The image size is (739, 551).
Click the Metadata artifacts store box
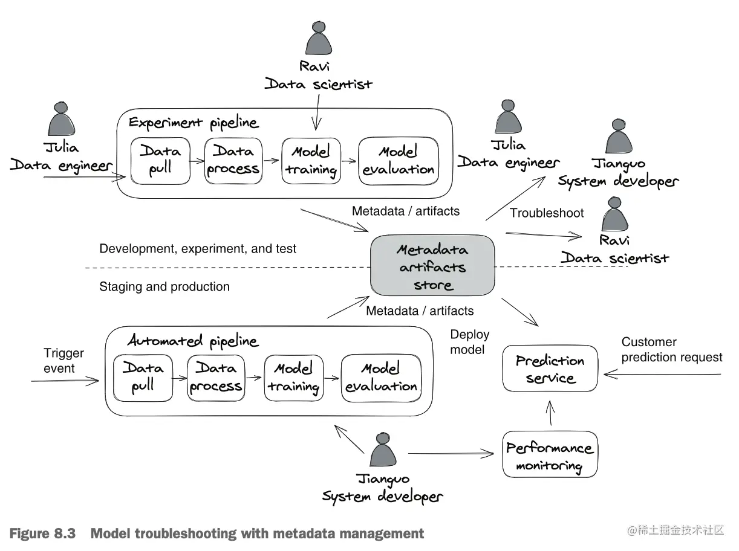click(x=432, y=266)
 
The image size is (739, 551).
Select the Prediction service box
click(x=550, y=369)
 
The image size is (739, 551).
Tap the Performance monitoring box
click(x=550, y=455)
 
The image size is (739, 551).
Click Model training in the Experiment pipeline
click(x=311, y=160)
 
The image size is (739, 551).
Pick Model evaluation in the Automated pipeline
click(x=380, y=377)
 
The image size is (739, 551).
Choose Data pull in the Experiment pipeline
click(x=160, y=160)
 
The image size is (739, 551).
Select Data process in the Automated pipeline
click(x=215, y=377)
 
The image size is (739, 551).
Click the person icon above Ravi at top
click(x=318, y=41)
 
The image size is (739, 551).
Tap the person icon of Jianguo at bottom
click(x=383, y=450)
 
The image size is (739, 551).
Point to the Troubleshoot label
click(x=547, y=213)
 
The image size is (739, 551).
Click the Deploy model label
click(x=469, y=342)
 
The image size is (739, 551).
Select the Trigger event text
click(x=63, y=361)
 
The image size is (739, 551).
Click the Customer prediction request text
click(x=671, y=349)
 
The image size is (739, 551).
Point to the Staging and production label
click(x=164, y=286)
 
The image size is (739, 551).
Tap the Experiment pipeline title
click(x=194, y=123)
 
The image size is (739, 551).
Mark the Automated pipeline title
click(x=193, y=341)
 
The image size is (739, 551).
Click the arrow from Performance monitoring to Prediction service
click(x=550, y=414)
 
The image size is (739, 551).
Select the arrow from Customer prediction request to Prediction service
click(x=662, y=375)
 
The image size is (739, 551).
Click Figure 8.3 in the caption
click(x=42, y=533)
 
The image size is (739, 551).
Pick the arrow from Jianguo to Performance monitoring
click(x=451, y=453)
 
